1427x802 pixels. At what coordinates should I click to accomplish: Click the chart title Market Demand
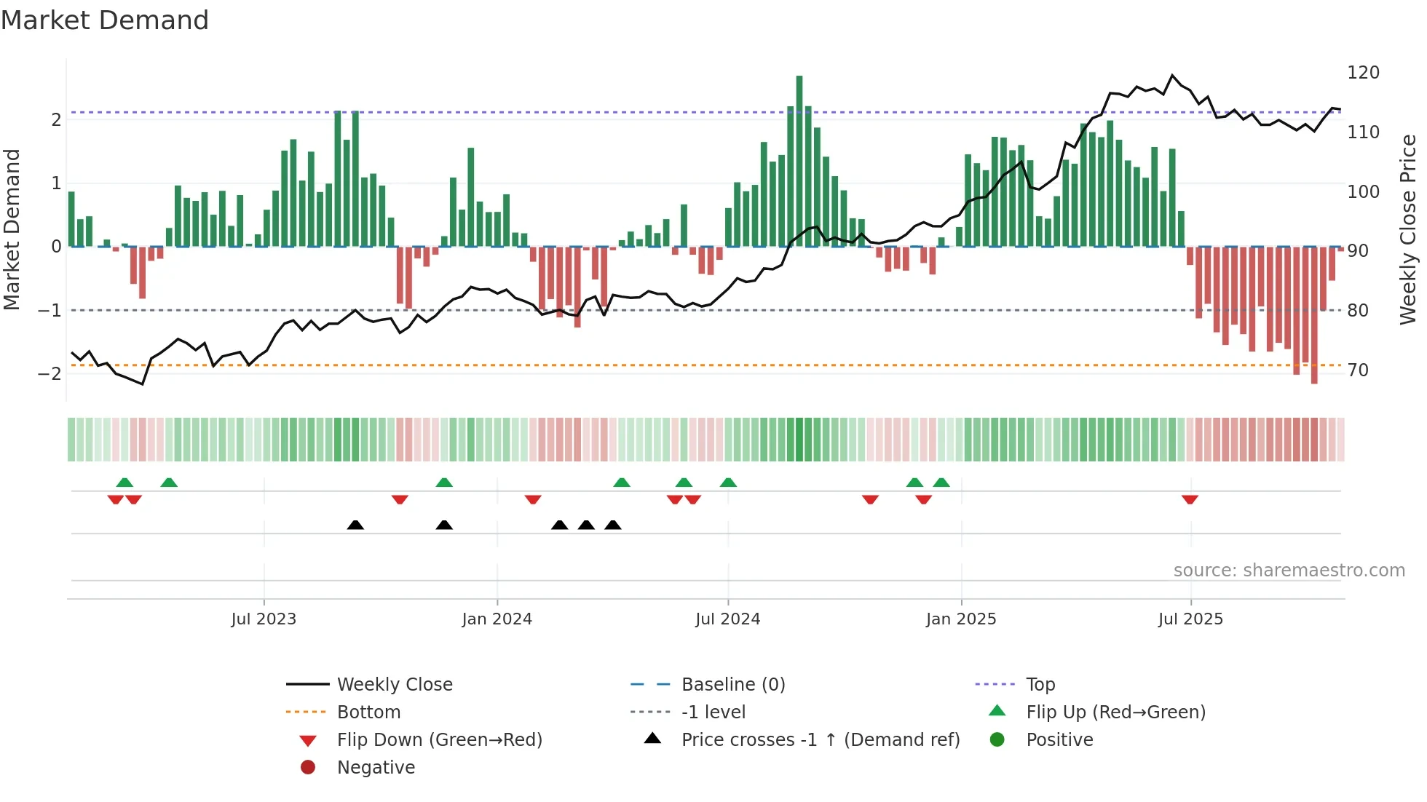pyautogui.click(x=105, y=20)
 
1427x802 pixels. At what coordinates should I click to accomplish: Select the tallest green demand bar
pyautogui.click(x=799, y=160)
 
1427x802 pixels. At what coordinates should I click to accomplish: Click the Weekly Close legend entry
pyautogui.click(x=394, y=684)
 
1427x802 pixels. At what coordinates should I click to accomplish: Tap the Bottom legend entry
pyautogui.click(x=368, y=712)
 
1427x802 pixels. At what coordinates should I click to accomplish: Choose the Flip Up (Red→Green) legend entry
pyautogui.click(x=1115, y=712)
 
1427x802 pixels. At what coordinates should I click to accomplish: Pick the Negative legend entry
pyautogui.click(x=376, y=767)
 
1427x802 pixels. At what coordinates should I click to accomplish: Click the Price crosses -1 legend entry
pyautogui.click(x=820, y=739)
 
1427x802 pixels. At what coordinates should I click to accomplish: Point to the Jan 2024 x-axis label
pyautogui.click(x=497, y=619)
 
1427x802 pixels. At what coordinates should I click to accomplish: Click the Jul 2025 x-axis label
pyautogui.click(x=1190, y=619)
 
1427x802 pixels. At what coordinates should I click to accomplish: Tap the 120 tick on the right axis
pyautogui.click(x=1363, y=73)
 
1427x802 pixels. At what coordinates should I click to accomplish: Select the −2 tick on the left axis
pyautogui.click(x=50, y=373)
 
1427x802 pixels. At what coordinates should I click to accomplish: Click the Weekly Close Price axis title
pyautogui.click(x=1408, y=229)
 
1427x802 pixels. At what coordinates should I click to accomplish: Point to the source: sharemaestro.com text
pyautogui.click(x=1289, y=570)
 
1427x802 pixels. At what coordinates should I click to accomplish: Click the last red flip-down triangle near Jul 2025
pyautogui.click(x=1190, y=499)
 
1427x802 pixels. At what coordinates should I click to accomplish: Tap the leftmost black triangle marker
pyautogui.click(x=355, y=525)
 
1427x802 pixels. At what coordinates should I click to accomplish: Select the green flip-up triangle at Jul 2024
pyautogui.click(x=728, y=483)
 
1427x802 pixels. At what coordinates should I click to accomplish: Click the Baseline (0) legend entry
pyautogui.click(x=732, y=684)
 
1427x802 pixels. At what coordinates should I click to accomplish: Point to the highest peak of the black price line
pyautogui.click(x=1172, y=75)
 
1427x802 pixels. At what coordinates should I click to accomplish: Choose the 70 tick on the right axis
pyautogui.click(x=1358, y=370)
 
